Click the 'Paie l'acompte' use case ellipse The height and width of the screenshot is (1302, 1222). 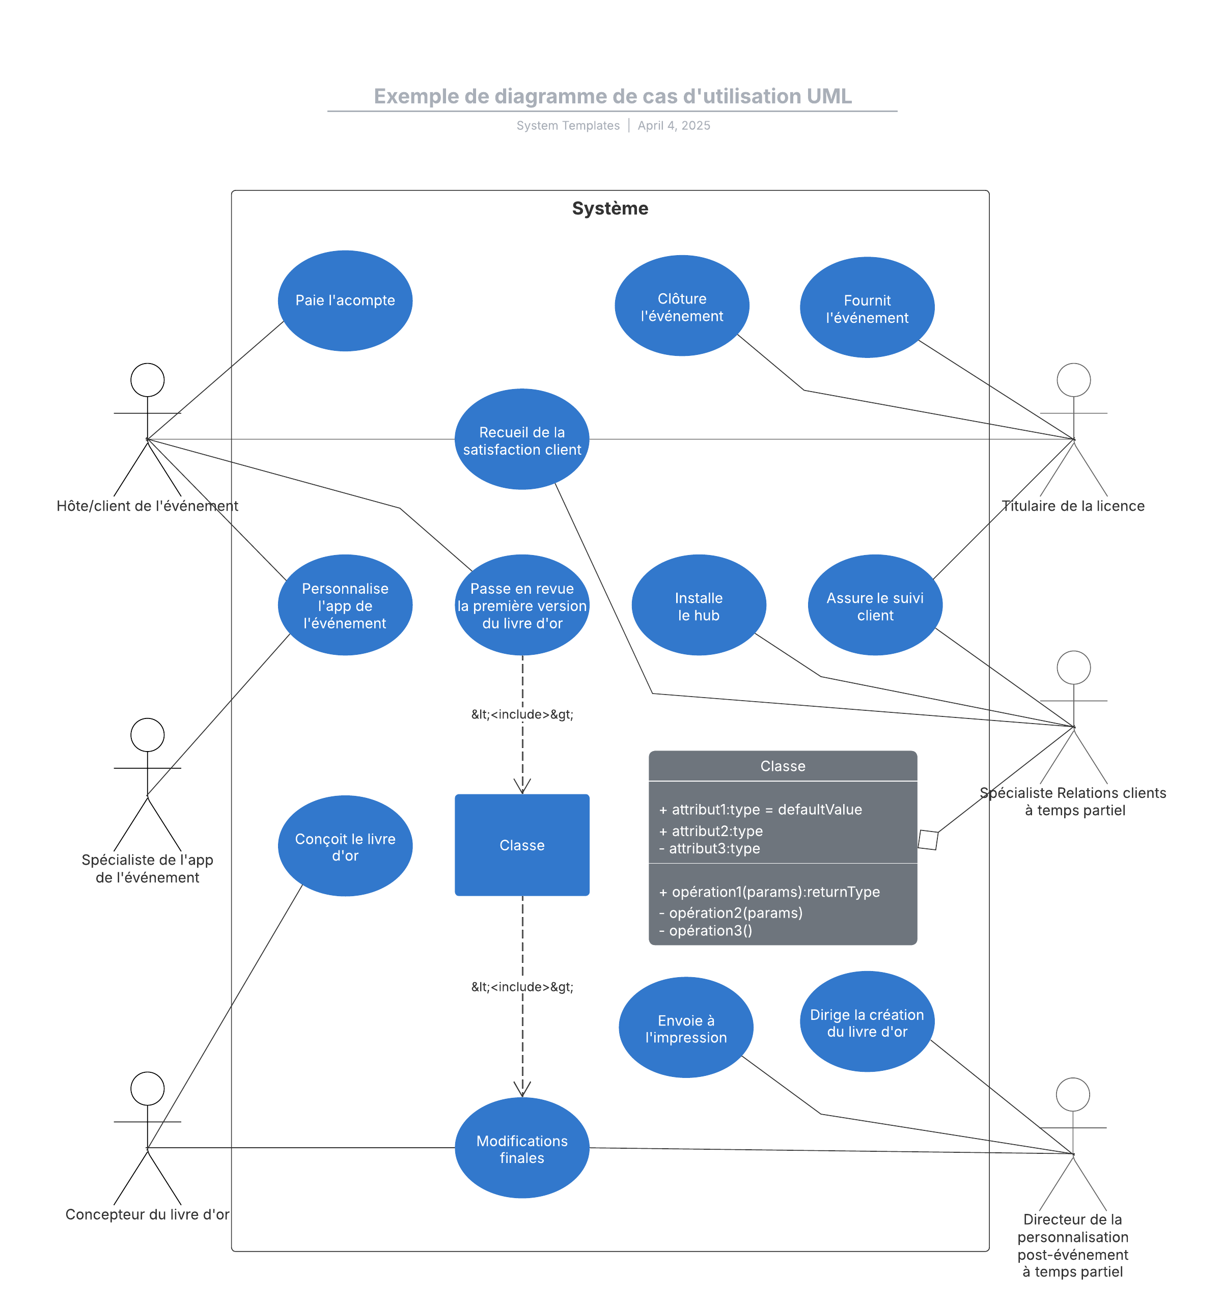pos(345,300)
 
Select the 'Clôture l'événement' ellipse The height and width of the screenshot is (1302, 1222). pos(682,306)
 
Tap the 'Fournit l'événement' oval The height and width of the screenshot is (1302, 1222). pos(867,308)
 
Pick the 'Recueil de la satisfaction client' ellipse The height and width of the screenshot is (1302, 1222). pos(522,439)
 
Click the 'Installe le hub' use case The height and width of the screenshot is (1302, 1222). pos(699,605)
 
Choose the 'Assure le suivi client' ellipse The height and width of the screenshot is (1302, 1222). pos(875,605)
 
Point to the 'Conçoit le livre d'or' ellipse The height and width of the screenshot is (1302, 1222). pos(345,846)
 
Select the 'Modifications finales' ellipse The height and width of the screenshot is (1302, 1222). pos(522,1148)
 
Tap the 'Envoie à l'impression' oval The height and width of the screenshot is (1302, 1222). pos(686,1028)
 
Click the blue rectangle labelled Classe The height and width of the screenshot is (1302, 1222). pos(522,845)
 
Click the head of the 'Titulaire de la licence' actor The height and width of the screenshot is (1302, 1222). pos(1073,380)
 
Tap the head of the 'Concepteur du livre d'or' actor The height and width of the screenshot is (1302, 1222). pos(147,1089)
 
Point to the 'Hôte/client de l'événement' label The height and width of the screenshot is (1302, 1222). pos(147,506)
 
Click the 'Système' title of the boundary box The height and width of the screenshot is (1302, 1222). pos(609,208)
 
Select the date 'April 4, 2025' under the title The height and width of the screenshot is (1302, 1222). pos(674,126)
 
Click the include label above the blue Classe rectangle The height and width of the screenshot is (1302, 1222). pos(522,714)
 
